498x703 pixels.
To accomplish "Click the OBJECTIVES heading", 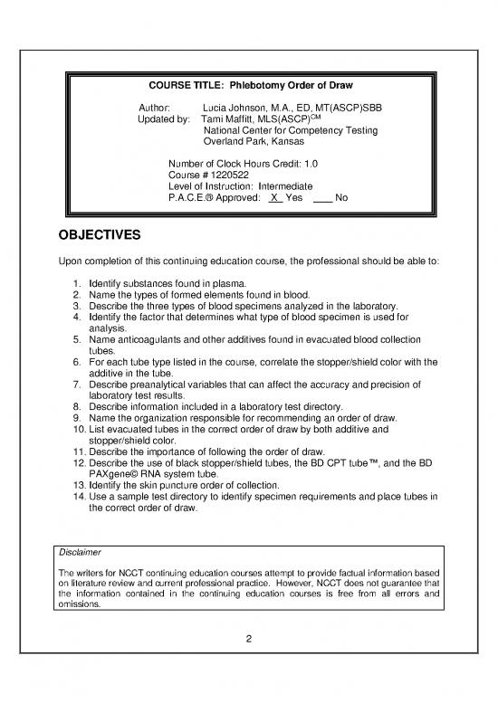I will (93, 237).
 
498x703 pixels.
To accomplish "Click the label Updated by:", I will (163, 119).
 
